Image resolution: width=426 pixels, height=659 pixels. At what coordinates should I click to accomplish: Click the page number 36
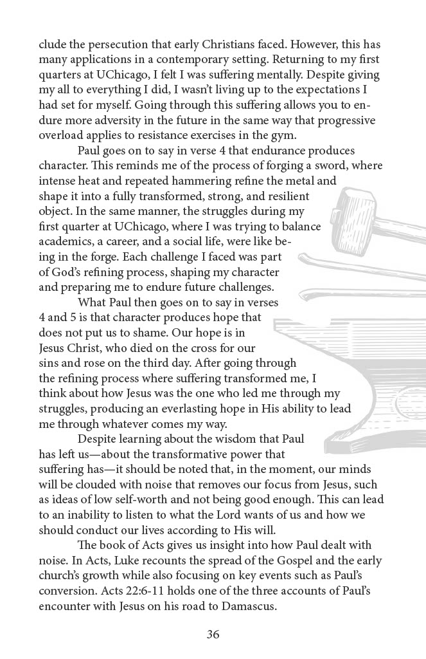[213, 634]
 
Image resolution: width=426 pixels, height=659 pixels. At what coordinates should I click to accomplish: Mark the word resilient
[283, 196]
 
